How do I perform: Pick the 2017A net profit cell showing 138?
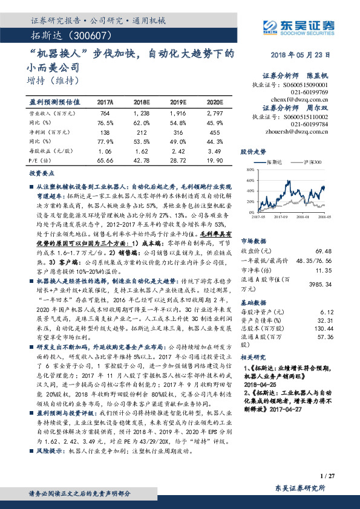105,132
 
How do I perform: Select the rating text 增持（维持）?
54,79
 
